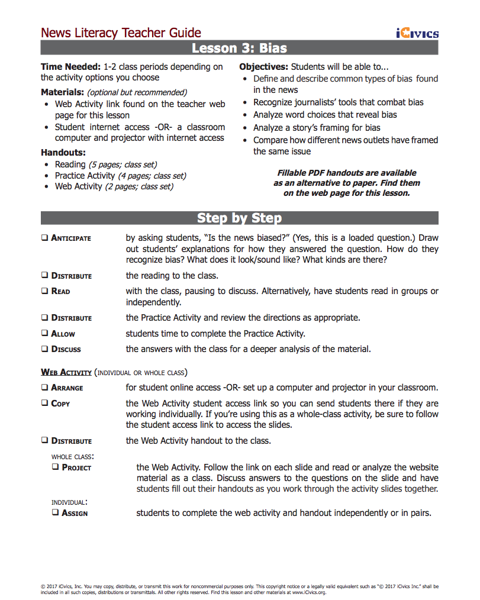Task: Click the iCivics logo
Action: point(417,33)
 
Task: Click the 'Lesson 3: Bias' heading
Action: point(239,48)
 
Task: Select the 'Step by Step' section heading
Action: point(239,218)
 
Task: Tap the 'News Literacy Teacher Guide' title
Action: point(121,33)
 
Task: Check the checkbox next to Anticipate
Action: point(45,238)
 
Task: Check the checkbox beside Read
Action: point(45,291)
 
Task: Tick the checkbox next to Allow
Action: point(45,334)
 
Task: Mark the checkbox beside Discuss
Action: point(45,349)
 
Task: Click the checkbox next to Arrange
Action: point(45,388)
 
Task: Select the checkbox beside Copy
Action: point(45,404)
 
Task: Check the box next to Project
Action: point(56,467)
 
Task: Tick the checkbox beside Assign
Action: point(56,513)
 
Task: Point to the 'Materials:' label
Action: point(62,92)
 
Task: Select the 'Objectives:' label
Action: point(263,67)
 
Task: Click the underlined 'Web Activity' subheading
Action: point(66,373)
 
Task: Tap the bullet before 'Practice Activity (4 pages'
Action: point(47,176)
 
